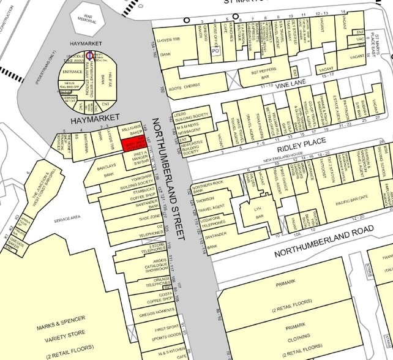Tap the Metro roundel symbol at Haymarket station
pyautogui.click(x=89, y=55)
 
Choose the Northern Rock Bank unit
pyautogui.click(x=206, y=187)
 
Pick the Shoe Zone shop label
pyautogui.click(x=149, y=218)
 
